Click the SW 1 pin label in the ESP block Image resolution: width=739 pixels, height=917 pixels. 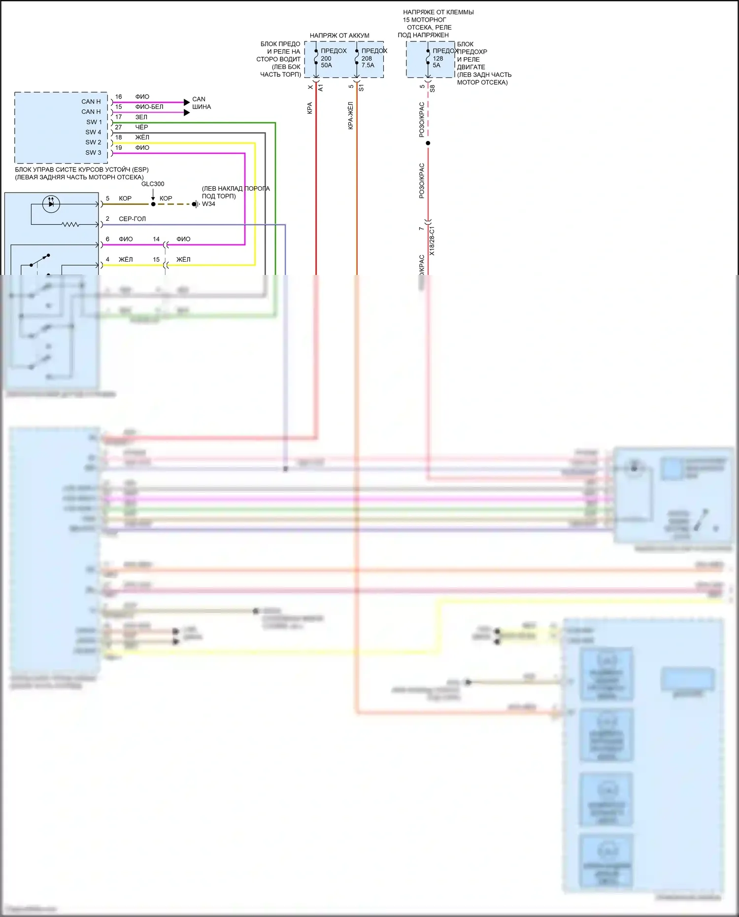(94, 122)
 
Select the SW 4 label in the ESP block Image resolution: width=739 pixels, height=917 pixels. (93, 132)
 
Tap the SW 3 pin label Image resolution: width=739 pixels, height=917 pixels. (93, 153)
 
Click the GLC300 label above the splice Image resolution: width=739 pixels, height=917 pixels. (153, 184)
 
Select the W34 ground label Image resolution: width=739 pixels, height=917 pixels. (208, 204)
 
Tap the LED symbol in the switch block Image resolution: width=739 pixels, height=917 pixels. (51, 204)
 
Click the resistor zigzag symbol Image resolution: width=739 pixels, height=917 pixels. (70, 225)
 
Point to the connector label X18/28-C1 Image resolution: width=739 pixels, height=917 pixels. (432, 240)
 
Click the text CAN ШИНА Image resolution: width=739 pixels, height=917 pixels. (201, 103)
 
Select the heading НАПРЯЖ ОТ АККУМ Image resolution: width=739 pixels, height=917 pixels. (339, 35)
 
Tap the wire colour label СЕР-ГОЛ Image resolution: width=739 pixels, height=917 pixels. (132, 219)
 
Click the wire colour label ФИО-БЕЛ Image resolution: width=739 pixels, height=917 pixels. (149, 107)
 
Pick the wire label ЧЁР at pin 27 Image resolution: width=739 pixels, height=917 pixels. (141, 127)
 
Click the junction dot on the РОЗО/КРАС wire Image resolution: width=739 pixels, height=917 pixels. (428, 143)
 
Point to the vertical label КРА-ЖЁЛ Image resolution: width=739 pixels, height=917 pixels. (351, 116)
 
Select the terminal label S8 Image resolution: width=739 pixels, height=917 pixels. (433, 89)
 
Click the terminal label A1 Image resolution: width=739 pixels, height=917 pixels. (321, 88)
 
